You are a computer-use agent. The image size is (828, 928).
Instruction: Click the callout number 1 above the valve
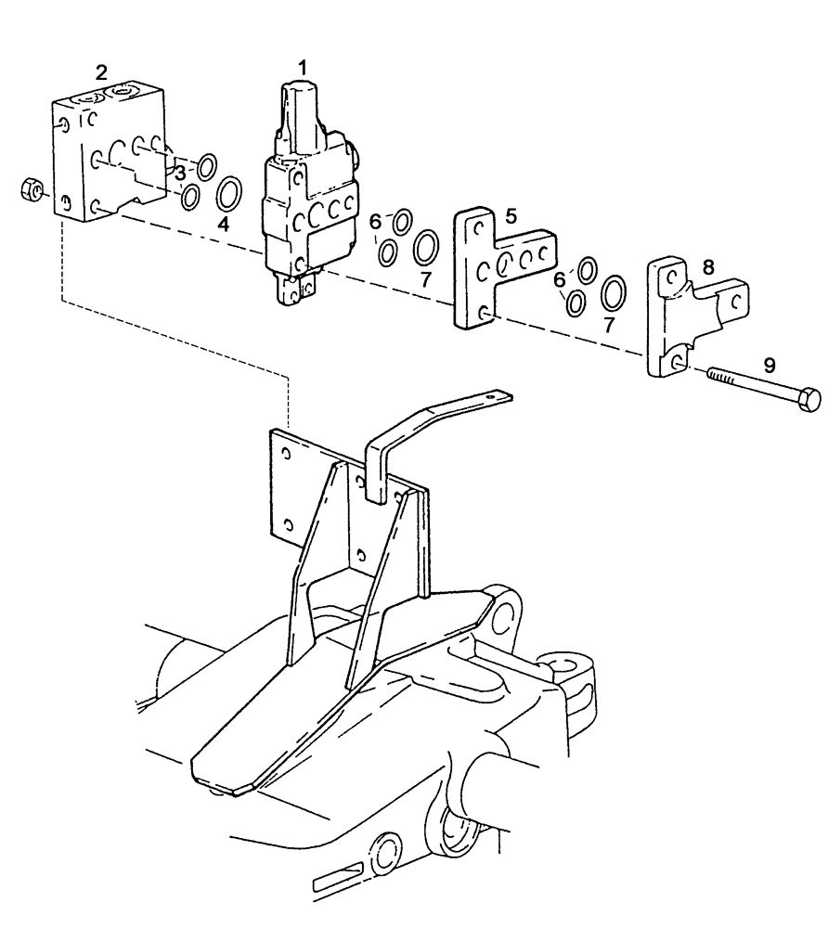click(x=303, y=67)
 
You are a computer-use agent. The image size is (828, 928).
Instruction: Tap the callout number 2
click(x=102, y=71)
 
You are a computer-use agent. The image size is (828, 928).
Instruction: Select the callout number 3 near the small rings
click(x=182, y=172)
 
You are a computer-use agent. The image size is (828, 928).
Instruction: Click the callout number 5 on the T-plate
click(x=511, y=215)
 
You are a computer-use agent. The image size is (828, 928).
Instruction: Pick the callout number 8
click(x=707, y=266)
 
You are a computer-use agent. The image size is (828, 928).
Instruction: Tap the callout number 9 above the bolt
click(x=769, y=366)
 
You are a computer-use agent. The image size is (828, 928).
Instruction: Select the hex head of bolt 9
click(x=809, y=400)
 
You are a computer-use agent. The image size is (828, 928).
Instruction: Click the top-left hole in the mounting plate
click(x=285, y=452)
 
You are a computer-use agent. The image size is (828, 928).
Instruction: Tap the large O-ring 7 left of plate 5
click(x=426, y=249)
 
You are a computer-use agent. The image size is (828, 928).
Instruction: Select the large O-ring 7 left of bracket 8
click(x=614, y=292)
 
